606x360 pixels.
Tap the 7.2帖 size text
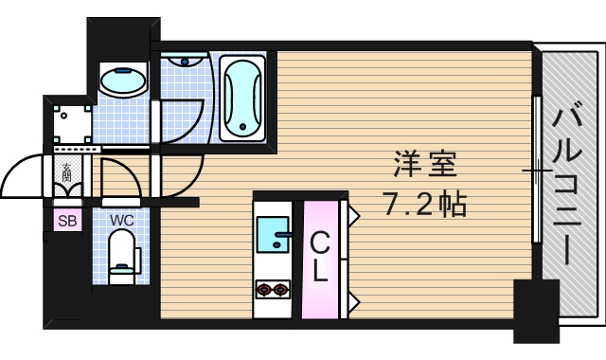[424, 203]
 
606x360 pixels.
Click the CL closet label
[320, 258]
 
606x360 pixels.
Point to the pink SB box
[66, 222]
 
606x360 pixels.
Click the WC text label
[122, 220]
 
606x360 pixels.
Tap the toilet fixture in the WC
[122, 260]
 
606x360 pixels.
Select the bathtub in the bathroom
[244, 97]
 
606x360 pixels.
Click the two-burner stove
[273, 288]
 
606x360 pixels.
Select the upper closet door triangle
[352, 215]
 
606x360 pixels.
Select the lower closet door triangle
[352, 303]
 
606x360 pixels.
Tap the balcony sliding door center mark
[537, 171]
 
